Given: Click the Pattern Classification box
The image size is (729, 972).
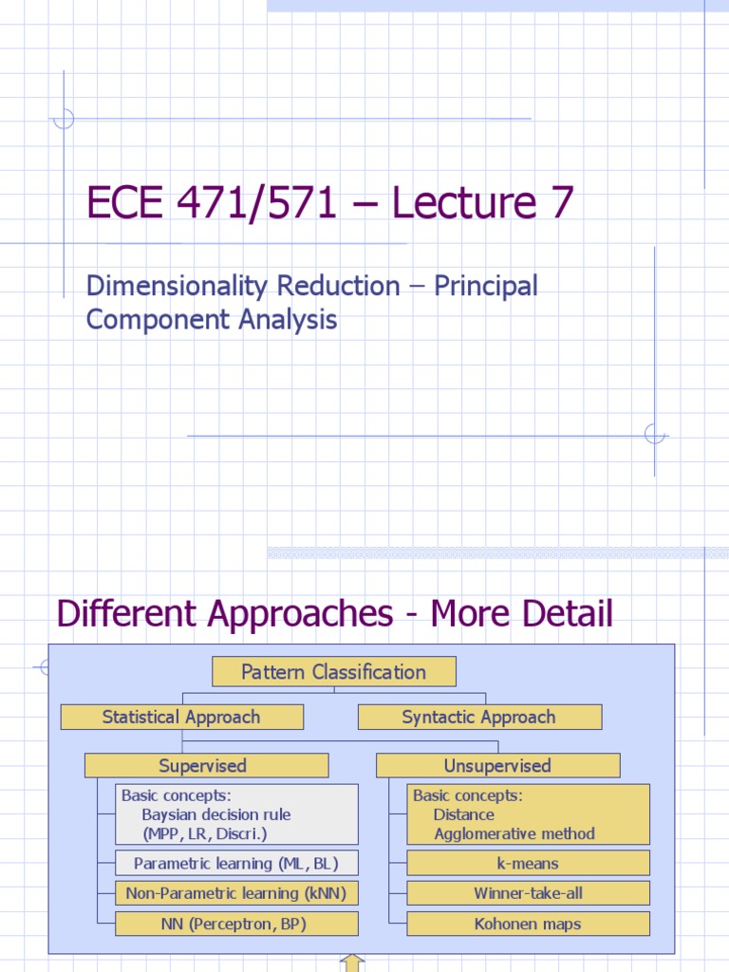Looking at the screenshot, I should (333, 672).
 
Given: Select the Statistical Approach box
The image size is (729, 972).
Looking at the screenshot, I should (181, 718).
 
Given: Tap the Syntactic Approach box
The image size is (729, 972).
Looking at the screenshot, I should (479, 718).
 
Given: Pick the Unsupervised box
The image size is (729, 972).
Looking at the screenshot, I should (497, 766).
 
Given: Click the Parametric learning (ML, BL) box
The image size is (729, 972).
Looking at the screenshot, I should (236, 864).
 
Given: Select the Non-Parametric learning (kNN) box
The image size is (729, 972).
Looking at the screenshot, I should (236, 893).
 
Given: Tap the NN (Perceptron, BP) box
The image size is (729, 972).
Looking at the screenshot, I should (236, 924).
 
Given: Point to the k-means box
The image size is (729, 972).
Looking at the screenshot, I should (528, 864).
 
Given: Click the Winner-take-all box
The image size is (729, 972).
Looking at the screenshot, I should (528, 893).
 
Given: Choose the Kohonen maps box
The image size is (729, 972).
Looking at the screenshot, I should (528, 924).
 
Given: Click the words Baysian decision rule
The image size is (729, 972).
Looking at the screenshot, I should (216, 814).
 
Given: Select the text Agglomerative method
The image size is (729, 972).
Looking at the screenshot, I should (514, 834).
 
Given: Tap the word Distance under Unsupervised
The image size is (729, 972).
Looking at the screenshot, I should (463, 814).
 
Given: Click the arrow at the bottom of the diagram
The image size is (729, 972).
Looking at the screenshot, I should (352, 963).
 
